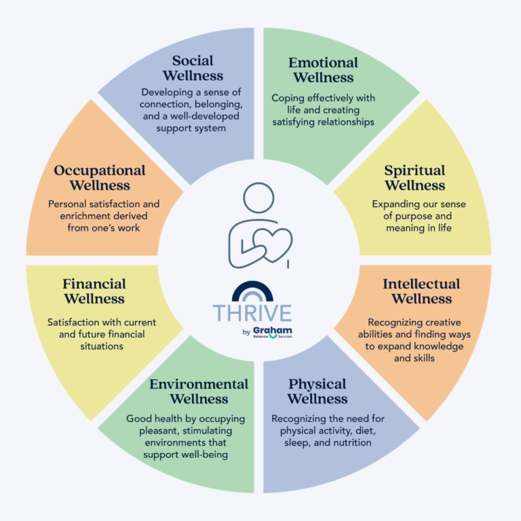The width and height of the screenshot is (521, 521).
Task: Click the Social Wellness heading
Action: [193, 68]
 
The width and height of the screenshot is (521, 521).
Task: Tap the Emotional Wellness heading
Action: [323, 70]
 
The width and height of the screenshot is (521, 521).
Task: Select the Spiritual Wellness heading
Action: [414, 178]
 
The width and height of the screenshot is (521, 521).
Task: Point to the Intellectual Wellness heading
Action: [421, 291]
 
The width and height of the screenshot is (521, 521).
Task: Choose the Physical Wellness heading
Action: [317, 391]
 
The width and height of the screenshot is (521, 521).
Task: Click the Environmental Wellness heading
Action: [199, 391]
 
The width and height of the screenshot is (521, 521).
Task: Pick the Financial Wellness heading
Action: [94, 291]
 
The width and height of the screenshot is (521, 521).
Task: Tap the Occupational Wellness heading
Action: [100, 178]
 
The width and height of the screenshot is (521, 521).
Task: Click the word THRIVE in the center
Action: [252, 313]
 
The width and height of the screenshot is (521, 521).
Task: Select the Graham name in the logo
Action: [273, 330]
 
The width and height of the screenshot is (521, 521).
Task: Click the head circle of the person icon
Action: [258, 197]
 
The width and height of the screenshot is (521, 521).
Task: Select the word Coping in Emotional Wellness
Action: [288, 98]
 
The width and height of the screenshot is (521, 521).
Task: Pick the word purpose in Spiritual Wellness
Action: [413, 216]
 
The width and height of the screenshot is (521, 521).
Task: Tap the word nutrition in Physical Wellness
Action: [352, 442]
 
